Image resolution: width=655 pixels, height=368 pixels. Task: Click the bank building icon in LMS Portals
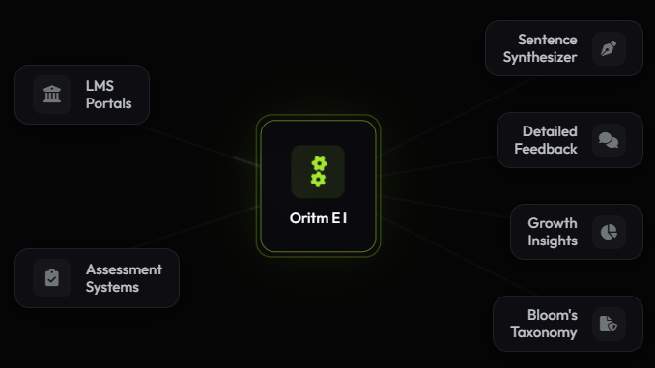pyautogui.click(x=52, y=95)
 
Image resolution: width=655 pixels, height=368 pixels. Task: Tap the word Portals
pyautogui.click(x=108, y=103)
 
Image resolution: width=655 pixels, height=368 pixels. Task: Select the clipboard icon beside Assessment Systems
pyautogui.click(x=52, y=278)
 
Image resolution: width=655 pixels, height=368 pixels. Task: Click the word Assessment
pyautogui.click(x=124, y=269)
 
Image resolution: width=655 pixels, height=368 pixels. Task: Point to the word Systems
pyautogui.click(x=112, y=287)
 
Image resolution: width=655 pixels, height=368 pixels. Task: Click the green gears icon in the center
pyautogui.click(x=318, y=171)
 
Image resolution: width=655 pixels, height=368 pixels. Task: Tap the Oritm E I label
pyautogui.click(x=318, y=218)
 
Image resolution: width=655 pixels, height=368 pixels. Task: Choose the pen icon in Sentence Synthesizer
pyautogui.click(x=609, y=48)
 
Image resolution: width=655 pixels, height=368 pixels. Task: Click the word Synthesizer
pyautogui.click(x=540, y=57)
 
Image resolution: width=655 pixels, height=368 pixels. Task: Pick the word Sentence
pyautogui.click(x=548, y=40)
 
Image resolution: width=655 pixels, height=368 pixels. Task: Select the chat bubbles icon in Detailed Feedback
pyautogui.click(x=609, y=140)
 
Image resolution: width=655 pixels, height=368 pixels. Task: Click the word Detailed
pyautogui.click(x=550, y=131)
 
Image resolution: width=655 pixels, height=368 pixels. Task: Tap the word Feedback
pyautogui.click(x=546, y=149)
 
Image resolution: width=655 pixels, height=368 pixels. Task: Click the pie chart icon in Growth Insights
pyautogui.click(x=609, y=232)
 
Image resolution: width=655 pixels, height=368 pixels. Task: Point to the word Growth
pyautogui.click(x=553, y=223)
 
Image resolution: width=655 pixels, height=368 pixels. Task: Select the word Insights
pyautogui.click(x=553, y=241)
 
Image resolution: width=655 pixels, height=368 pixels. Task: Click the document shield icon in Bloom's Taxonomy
pyautogui.click(x=609, y=324)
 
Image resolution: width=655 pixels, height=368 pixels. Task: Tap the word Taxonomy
pyautogui.click(x=544, y=332)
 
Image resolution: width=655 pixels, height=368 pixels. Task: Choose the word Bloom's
pyautogui.click(x=553, y=315)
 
